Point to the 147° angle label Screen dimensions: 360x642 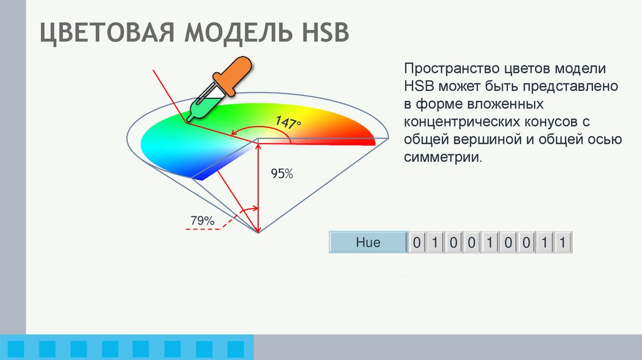[x=287, y=122]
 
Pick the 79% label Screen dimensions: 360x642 [x=203, y=221]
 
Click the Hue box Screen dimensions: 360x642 [x=367, y=242]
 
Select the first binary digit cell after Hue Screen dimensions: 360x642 [x=417, y=242]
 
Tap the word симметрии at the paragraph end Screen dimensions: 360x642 [x=443, y=156]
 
